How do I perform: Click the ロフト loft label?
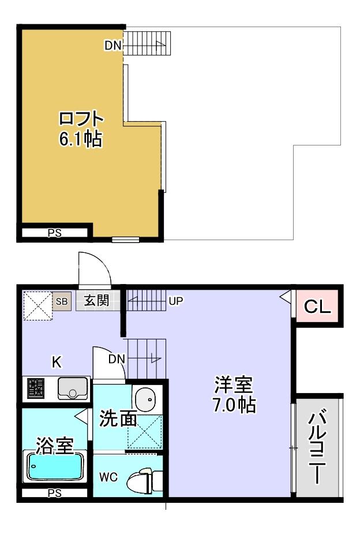click(x=81, y=120)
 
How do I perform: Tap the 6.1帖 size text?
click(x=81, y=139)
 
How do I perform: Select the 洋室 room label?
click(x=234, y=384)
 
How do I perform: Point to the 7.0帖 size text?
click(x=234, y=405)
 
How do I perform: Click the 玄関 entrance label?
click(x=96, y=301)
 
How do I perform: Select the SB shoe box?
click(x=62, y=301)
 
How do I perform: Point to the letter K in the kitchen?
click(x=57, y=362)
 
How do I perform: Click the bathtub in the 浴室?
click(x=55, y=466)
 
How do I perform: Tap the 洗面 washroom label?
click(x=118, y=419)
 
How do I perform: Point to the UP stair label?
click(x=176, y=301)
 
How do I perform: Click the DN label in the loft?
click(x=112, y=44)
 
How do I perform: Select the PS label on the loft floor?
click(x=54, y=233)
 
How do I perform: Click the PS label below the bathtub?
click(x=54, y=494)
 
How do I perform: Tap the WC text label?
click(x=108, y=477)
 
